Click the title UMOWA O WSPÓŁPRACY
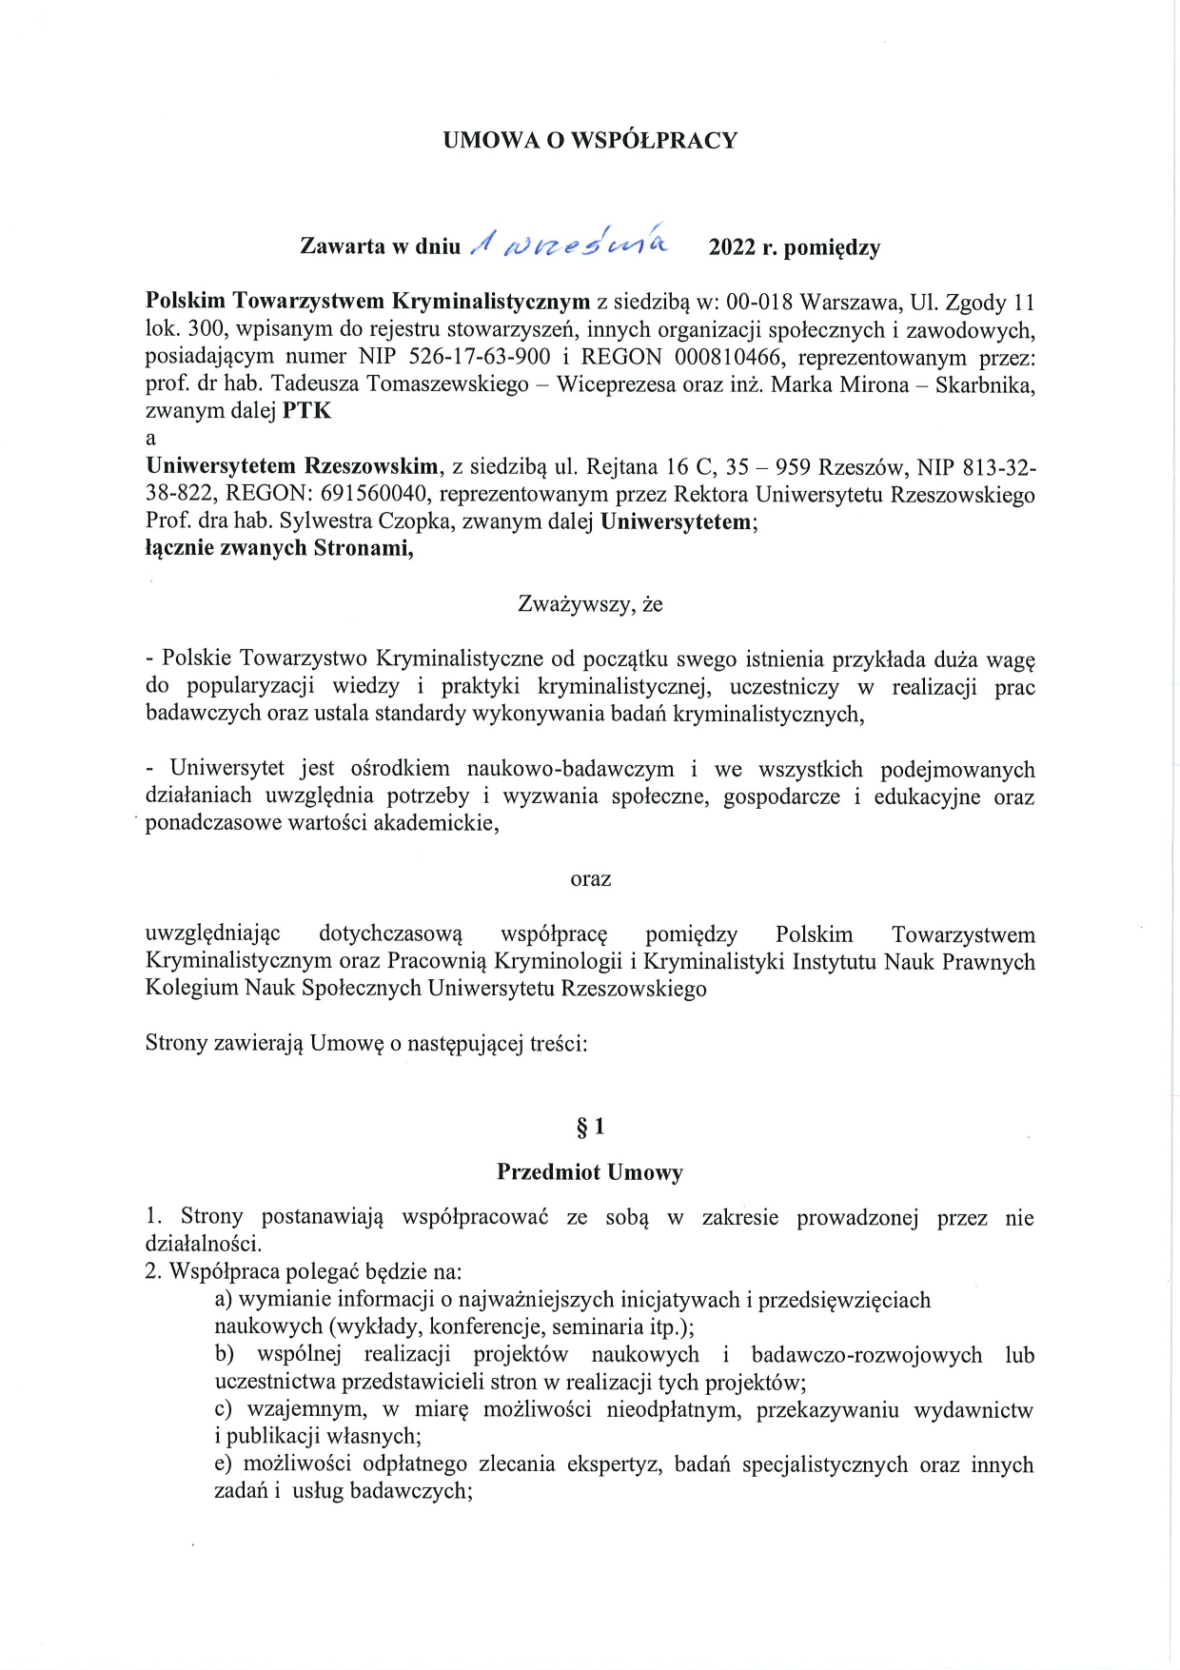[590, 141]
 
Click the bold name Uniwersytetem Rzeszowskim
[291, 467]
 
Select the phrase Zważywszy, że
[590, 604]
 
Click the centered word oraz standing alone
[590, 879]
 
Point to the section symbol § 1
[590, 1128]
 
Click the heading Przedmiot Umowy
[590, 1172]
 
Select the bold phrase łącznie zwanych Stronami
[279, 548]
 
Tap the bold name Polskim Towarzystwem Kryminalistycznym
[368, 303]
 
